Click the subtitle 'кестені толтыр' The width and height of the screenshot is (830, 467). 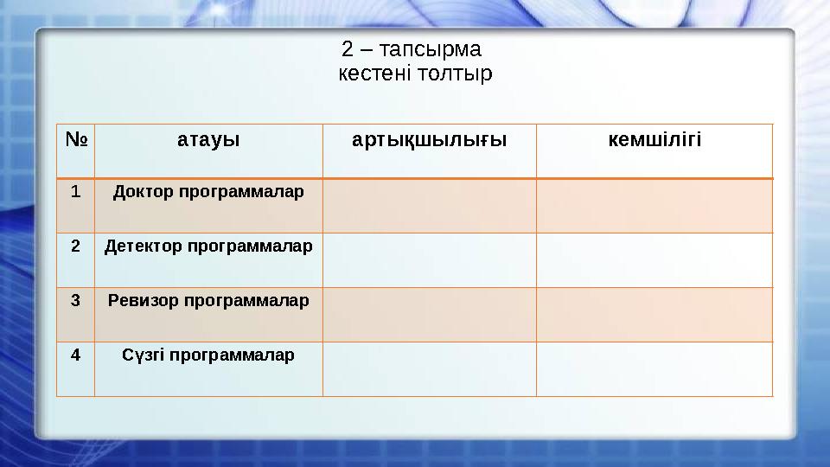coord(415,74)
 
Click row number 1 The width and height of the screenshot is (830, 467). coord(75,191)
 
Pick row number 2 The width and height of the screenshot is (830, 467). coord(75,246)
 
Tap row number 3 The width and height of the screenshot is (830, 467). coord(75,301)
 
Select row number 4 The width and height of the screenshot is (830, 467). coord(75,355)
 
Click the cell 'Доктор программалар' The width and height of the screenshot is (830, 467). coord(208,191)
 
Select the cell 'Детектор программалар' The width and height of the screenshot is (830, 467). coord(208,246)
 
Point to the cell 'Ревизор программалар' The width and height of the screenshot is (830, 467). coord(208,301)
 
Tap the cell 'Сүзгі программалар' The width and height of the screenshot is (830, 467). coord(208,355)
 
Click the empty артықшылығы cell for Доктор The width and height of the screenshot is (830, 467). coord(430,206)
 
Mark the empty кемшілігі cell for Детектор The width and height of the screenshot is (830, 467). coord(654,259)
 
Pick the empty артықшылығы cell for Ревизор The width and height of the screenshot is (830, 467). coord(430,314)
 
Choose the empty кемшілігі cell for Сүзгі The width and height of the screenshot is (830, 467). coord(654,368)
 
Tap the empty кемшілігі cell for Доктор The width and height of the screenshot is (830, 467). coord(654,206)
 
